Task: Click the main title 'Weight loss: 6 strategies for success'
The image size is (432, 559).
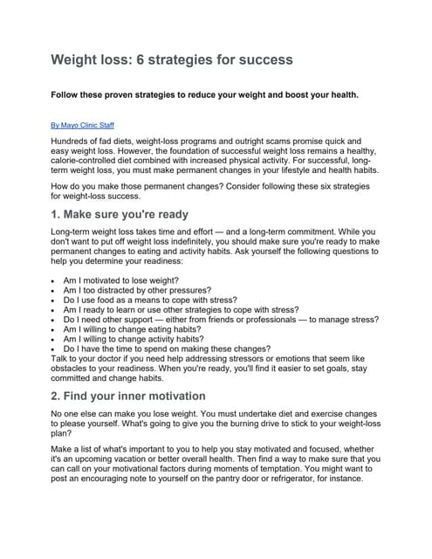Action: (x=171, y=59)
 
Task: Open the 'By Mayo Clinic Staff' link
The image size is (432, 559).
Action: (x=83, y=125)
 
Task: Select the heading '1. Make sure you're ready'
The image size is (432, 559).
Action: (x=120, y=214)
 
